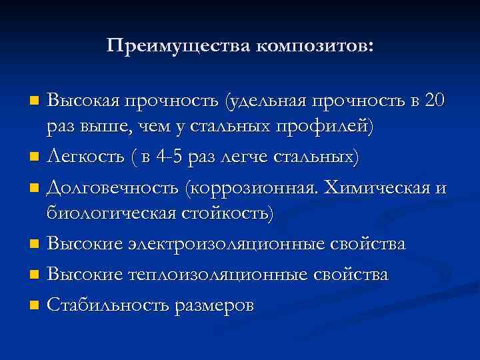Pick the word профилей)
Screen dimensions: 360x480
point(324,126)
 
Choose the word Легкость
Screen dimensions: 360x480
point(85,157)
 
